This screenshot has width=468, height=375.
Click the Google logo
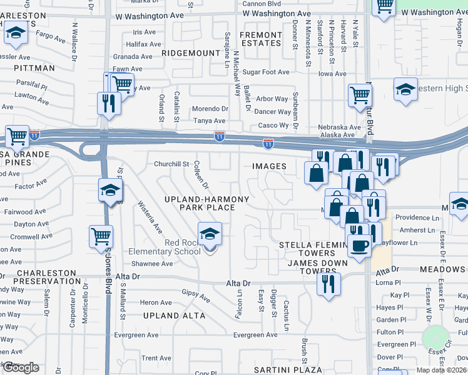coord(21,367)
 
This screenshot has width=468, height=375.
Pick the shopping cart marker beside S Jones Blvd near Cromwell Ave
coord(101,237)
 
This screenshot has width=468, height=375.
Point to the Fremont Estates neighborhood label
coord(261,39)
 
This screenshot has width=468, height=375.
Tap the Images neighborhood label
coord(269,166)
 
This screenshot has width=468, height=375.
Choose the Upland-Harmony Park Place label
coord(206,202)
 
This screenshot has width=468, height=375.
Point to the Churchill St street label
coord(171,164)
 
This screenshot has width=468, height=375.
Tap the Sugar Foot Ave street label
coord(266,72)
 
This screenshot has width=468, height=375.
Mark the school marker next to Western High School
coord(405,90)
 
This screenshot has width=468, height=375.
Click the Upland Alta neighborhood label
coord(174,316)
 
